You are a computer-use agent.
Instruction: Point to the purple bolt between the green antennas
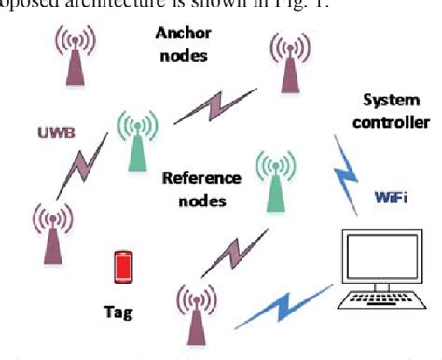[x=211, y=106]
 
